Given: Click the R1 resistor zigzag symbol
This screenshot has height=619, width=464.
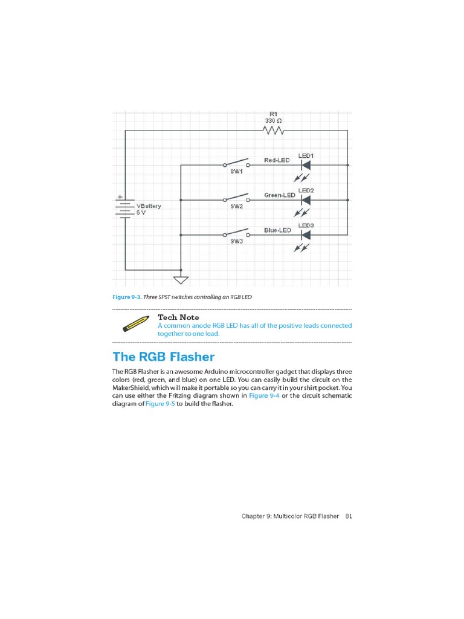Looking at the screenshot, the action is [273, 130].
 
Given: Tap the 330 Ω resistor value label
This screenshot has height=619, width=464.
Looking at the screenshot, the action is [273, 121].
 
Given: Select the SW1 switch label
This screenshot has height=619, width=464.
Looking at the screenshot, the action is [236, 172].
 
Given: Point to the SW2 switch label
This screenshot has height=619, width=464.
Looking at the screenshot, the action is [236, 207].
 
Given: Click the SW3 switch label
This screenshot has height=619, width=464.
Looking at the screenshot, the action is [236, 241].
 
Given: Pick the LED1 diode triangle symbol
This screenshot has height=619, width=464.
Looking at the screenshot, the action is [306, 164].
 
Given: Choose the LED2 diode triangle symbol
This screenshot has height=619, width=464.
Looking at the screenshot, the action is [306, 199].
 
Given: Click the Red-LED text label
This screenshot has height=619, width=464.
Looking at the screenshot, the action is [277, 160].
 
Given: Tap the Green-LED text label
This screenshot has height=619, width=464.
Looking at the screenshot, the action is [280, 195].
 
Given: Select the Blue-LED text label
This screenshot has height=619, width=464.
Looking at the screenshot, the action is [278, 230].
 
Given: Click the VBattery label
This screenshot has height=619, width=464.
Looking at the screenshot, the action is [149, 206].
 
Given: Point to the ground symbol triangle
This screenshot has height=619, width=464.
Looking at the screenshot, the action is [181, 280].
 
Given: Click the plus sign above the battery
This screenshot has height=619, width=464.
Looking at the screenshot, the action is [120, 196].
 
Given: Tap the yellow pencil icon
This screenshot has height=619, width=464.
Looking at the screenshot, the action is [135, 323].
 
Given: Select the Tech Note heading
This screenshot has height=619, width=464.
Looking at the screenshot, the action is [178, 317].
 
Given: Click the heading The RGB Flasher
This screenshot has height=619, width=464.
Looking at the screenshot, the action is [164, 357].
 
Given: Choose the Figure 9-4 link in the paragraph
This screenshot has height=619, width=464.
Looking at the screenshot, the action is [265, 395].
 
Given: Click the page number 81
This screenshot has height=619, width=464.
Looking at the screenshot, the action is [349, 516].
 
